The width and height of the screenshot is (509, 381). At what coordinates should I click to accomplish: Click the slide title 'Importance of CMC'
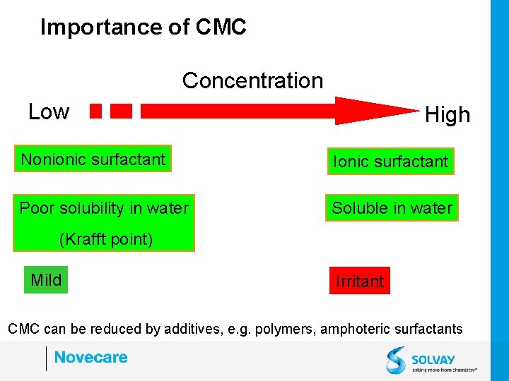tap(144, 27)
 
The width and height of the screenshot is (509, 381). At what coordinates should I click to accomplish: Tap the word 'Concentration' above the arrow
tap(252, 80)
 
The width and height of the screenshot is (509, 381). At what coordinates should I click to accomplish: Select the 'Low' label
tap(49, 111)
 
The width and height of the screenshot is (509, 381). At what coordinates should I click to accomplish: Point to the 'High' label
tap(447, 114)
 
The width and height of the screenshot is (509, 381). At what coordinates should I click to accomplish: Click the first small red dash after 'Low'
tap(96, 111)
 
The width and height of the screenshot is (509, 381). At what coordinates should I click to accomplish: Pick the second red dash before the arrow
tap(122, 111)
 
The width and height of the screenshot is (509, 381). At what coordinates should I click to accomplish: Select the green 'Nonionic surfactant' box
tap(93, 159)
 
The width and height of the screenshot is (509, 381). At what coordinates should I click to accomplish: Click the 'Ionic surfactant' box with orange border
tap(390, 162)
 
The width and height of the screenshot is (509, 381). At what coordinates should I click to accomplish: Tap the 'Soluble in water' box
tap(392, 208)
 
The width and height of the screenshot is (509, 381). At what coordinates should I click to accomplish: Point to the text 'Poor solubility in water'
tap(104, 208)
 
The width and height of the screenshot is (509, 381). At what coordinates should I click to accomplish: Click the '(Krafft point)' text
tap(105, 239)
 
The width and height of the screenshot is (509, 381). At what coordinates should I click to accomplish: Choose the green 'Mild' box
tap(46, 280)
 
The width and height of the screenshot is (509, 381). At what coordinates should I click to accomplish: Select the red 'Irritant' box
tap(359, 282)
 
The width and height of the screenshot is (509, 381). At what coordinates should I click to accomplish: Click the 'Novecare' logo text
tap(90, 357)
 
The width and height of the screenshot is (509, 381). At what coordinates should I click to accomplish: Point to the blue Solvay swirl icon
tap(396, 359)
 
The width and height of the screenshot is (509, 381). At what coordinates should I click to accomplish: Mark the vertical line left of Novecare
tap(46, 358)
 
